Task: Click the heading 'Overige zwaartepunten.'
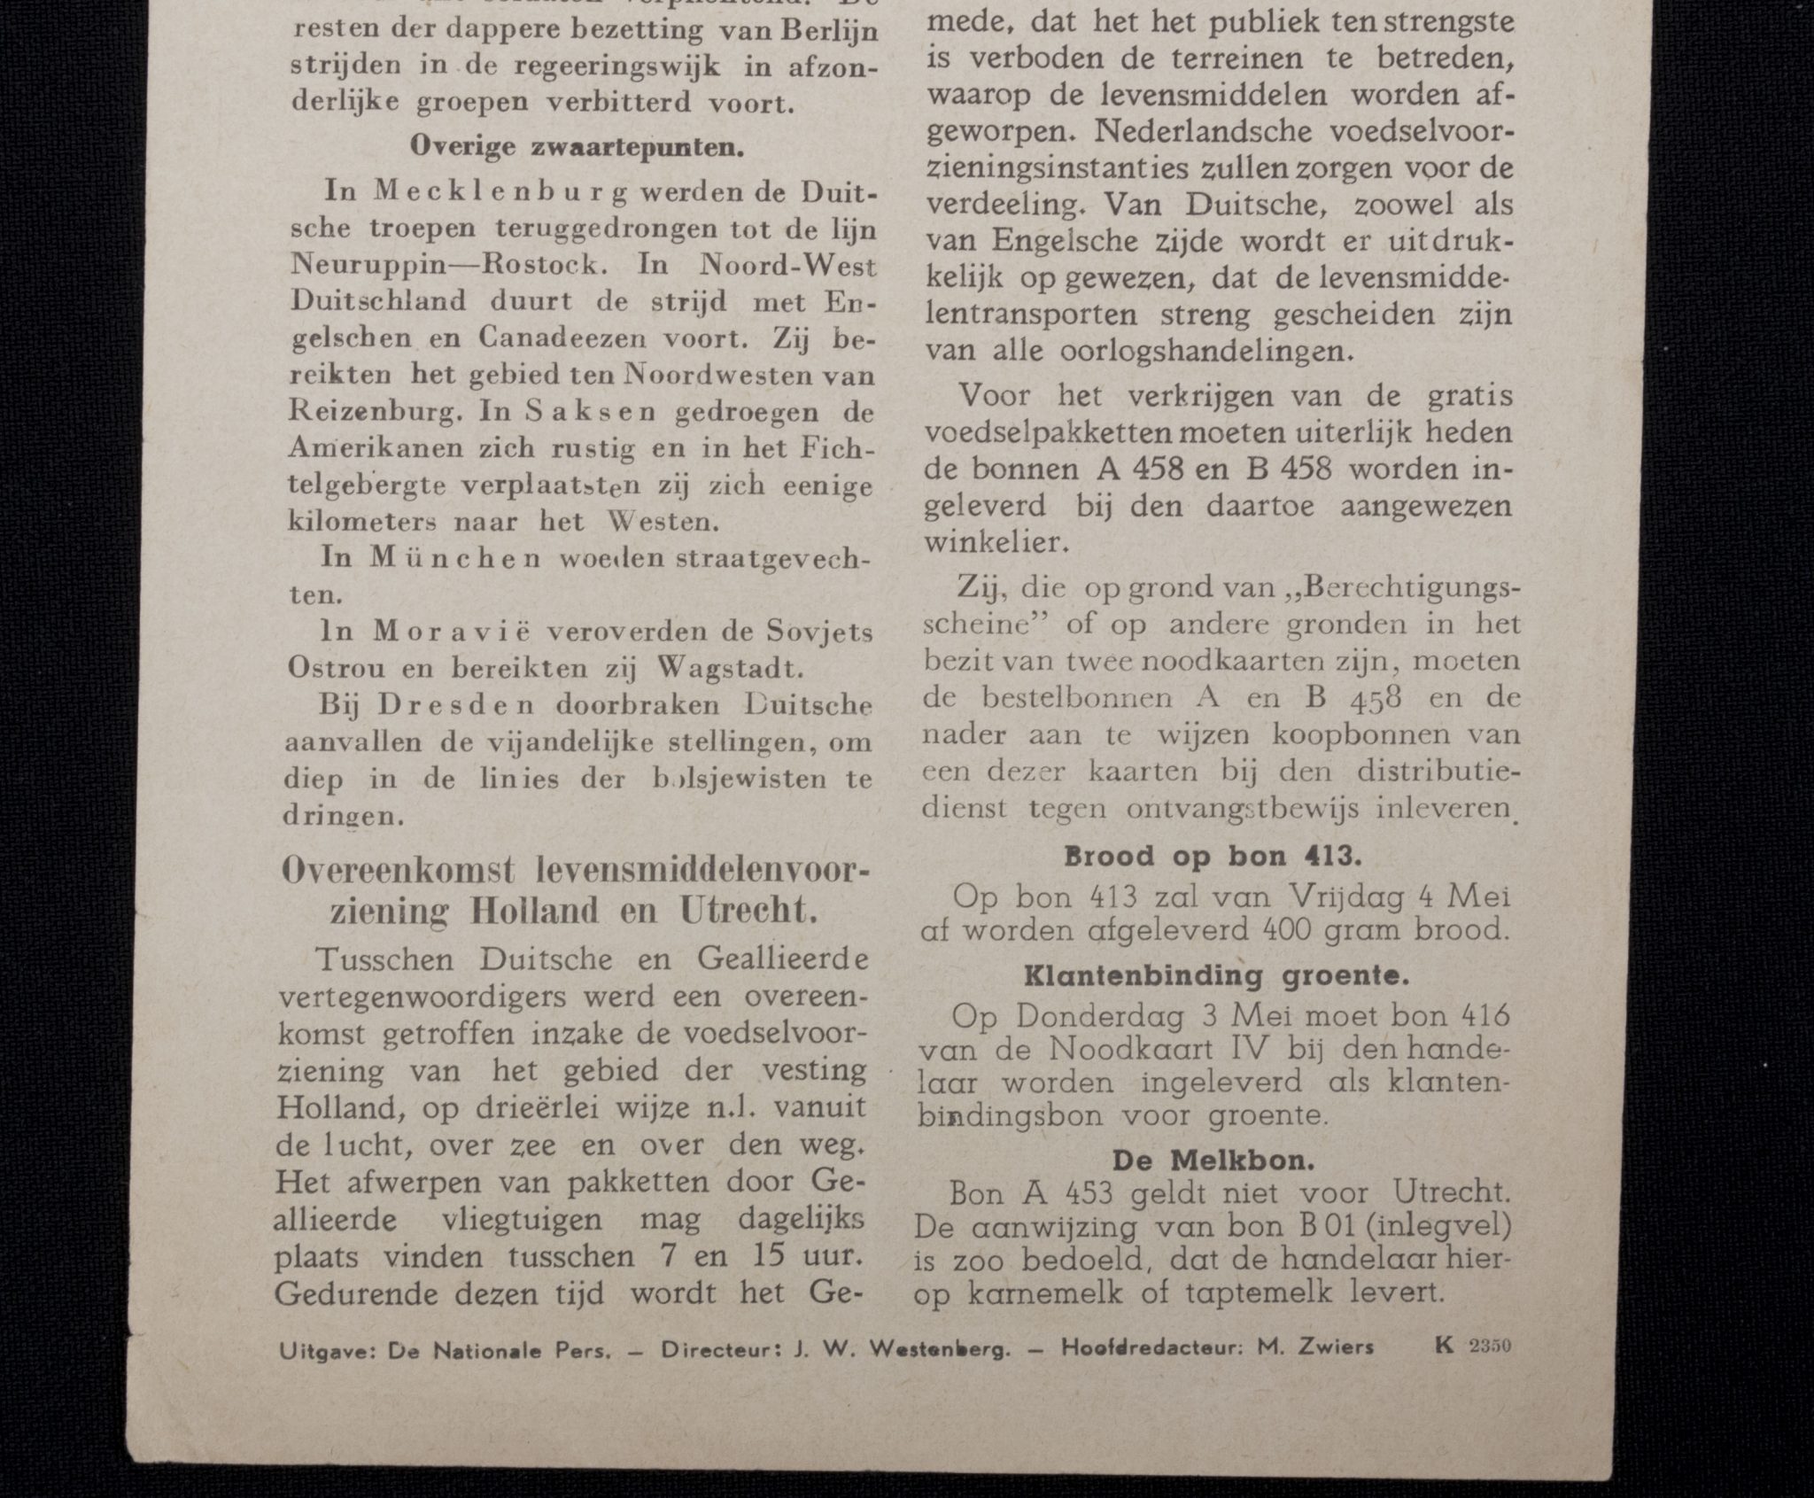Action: (x=577, y=147)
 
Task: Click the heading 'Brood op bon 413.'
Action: (x=1210, y=856)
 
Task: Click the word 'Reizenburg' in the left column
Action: (x=378, y=412)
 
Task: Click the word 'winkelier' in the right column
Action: (x=989, y=541)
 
